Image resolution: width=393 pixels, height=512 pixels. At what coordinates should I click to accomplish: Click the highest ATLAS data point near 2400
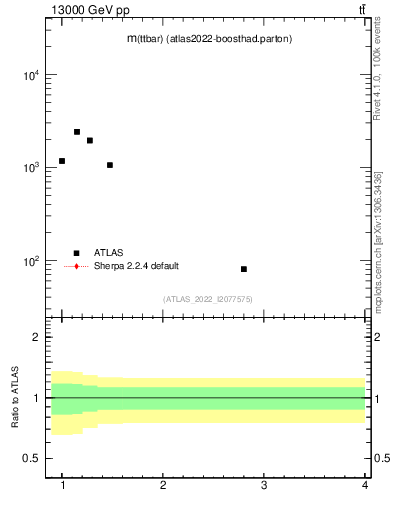pos(77,132)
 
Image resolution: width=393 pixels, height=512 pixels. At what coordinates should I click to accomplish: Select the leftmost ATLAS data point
pos(62,161)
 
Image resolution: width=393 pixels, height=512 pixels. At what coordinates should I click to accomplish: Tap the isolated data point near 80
pos(244,269)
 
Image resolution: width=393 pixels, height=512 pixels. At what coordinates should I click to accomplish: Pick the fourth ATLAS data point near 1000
pos(110,165)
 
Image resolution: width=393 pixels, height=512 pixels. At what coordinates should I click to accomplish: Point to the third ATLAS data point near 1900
pos(90,141)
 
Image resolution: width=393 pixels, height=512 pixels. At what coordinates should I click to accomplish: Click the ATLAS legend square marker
pos(76,253)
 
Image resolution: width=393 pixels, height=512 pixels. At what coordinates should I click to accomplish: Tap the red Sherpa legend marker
pos(76,266)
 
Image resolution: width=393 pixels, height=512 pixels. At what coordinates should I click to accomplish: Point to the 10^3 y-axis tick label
pos(30,168)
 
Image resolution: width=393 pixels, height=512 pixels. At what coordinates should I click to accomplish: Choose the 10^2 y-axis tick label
pos(30,261)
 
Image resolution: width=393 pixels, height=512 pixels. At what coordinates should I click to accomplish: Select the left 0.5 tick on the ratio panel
pos(31,459)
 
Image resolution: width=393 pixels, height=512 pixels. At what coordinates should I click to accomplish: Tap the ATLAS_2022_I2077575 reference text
pos(208,299)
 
